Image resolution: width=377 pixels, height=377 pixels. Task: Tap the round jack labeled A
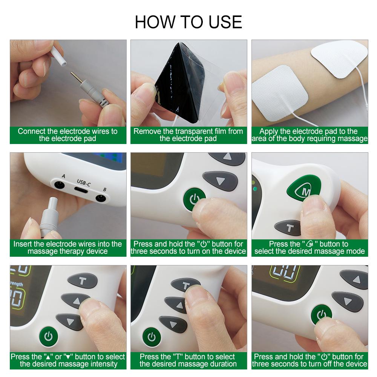click(x=59, y=185)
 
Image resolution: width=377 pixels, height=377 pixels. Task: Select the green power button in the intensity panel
click(x=48, y=336)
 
